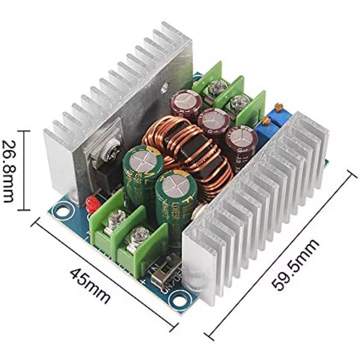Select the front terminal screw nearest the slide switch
point(140,236)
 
